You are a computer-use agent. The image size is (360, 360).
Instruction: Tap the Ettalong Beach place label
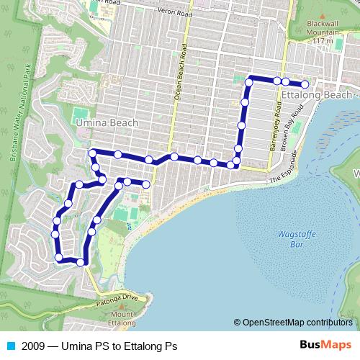tap(317, 95)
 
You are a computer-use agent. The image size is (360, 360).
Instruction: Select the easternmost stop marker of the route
tap(305, 84)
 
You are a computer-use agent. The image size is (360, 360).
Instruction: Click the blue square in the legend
tap(11, 346)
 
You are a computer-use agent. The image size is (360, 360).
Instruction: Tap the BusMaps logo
tap(325, 346)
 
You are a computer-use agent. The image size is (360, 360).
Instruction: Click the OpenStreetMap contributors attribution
tap(297, 323)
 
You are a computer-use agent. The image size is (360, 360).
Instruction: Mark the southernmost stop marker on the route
tap(81, 263)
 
